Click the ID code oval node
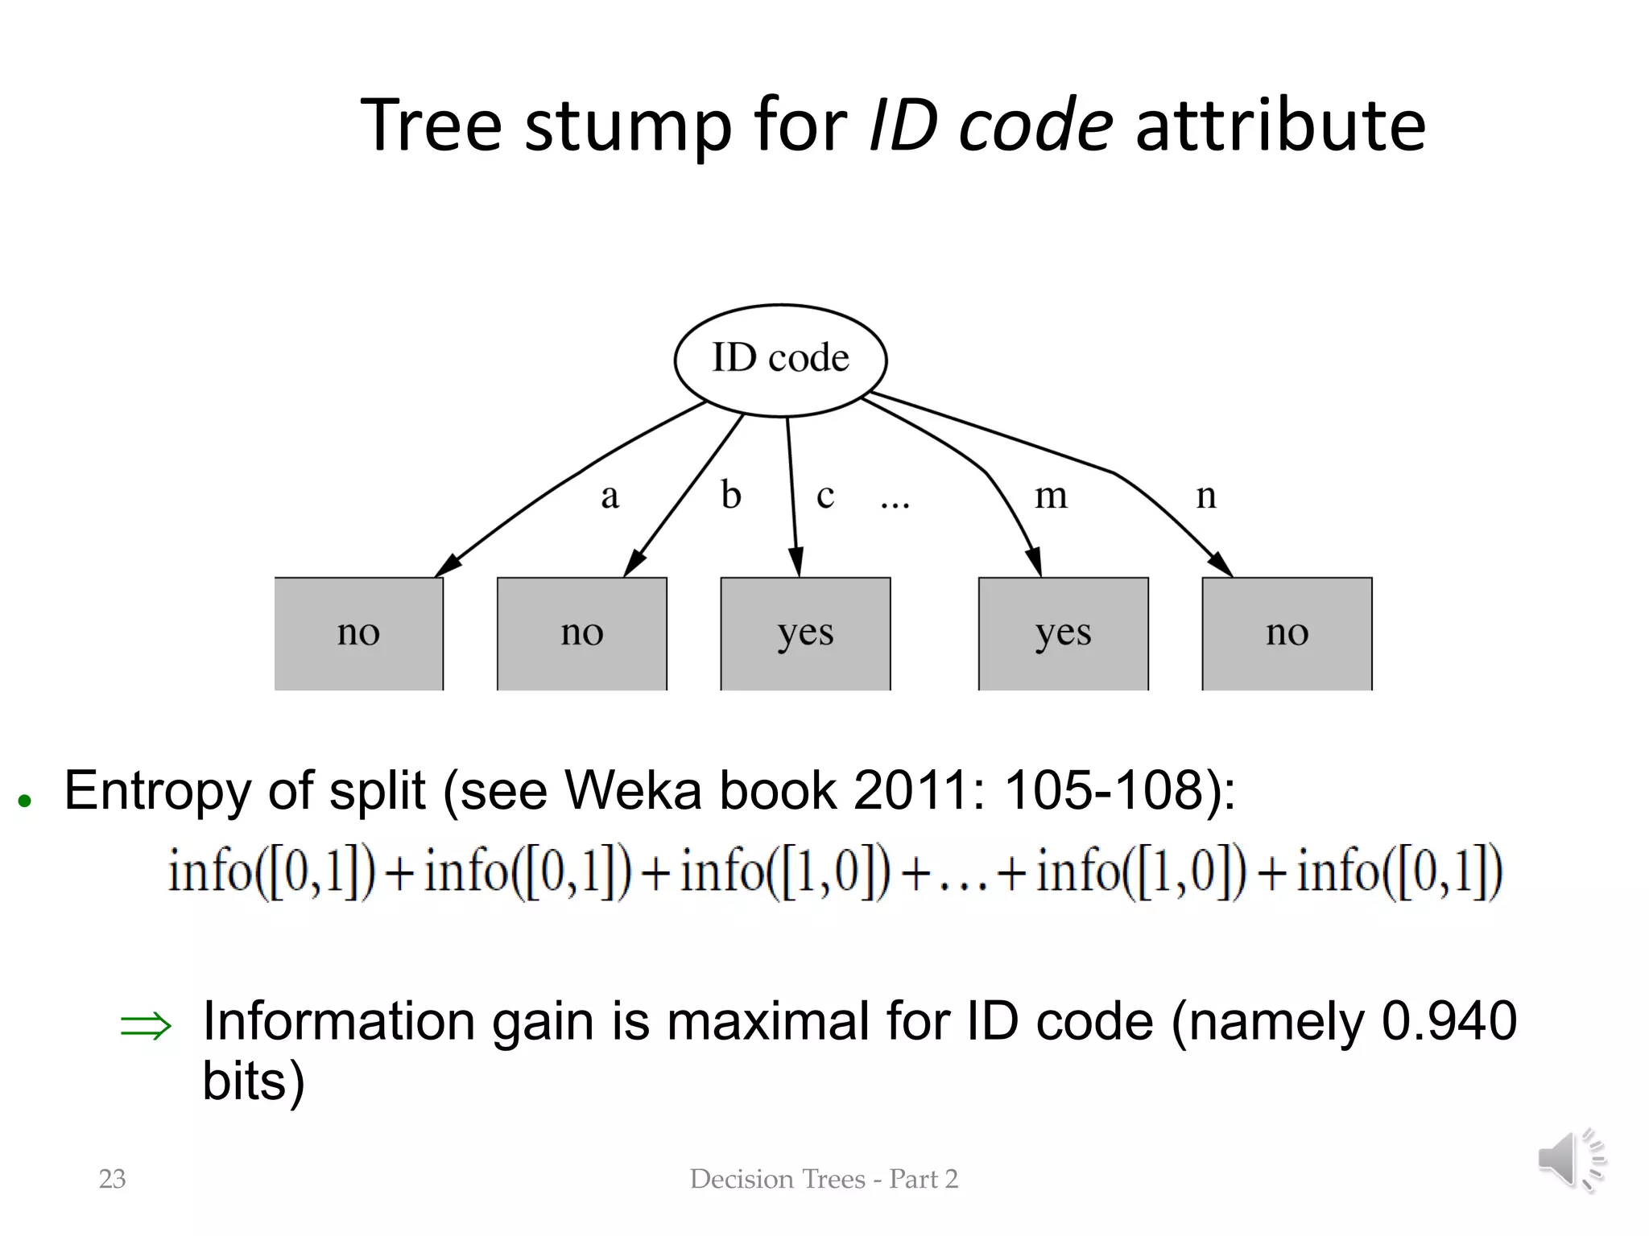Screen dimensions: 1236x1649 [x=780, y=360]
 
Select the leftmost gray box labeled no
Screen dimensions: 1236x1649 [x=359, y=633]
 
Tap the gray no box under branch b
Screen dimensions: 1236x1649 [x=581, y=633]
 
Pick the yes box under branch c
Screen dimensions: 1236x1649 [x=805, y=633]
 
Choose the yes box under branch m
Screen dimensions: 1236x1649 [x=1063, y=633]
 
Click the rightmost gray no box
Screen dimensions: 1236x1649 [x=1287, y=633]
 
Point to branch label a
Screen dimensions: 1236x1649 [x=610, y=496]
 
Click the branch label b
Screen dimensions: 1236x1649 [x=730, y=495]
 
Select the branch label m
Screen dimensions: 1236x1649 [x=1051, y=496]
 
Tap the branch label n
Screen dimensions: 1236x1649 [x=1205, y=496]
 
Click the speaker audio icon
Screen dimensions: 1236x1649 [x=1570, y=1160]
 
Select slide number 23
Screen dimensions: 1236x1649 [x=112, y=1179]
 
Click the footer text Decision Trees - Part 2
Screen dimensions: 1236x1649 [x=824, y=1179]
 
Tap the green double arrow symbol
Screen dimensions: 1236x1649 [x=146, y=1026]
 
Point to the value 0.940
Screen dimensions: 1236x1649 [x=1449, y=1021]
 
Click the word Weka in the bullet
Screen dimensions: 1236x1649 [x=632, y=791]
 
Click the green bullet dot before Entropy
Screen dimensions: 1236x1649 [x=25, y=801]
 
